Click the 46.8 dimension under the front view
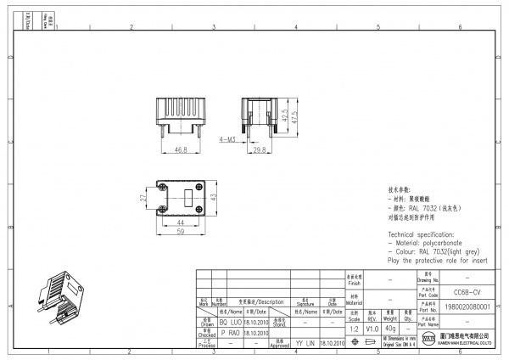(181, 149)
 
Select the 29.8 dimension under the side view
(260, 149)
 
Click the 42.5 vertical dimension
(284, 116)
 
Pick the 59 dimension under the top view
(181, 229)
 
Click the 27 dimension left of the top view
(143, 198)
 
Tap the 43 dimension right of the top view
(215, 197)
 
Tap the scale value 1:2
(354, 328)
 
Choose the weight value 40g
(389, 328)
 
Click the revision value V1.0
(372, 328)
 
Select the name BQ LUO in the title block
(230, 323)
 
